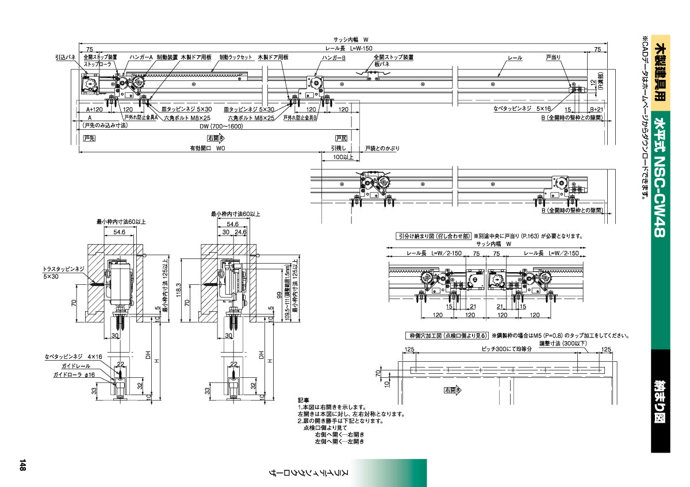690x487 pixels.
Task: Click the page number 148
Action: (x=22, y=465)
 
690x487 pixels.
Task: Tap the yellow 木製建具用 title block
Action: (x=661, y=69)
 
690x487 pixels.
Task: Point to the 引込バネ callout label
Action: (x=66, y=58)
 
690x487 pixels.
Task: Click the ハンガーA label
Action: (x=141, y=58)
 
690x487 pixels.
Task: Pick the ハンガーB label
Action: (x=333, y=58)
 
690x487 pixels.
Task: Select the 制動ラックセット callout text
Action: (x=236, y=58)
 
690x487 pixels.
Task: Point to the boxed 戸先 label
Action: (x=89, y=138)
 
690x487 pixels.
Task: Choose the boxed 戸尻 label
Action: (x=341, y=138)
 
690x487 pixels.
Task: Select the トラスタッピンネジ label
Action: (x=64, y=269)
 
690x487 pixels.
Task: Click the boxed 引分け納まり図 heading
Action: (x=434, y=236)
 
